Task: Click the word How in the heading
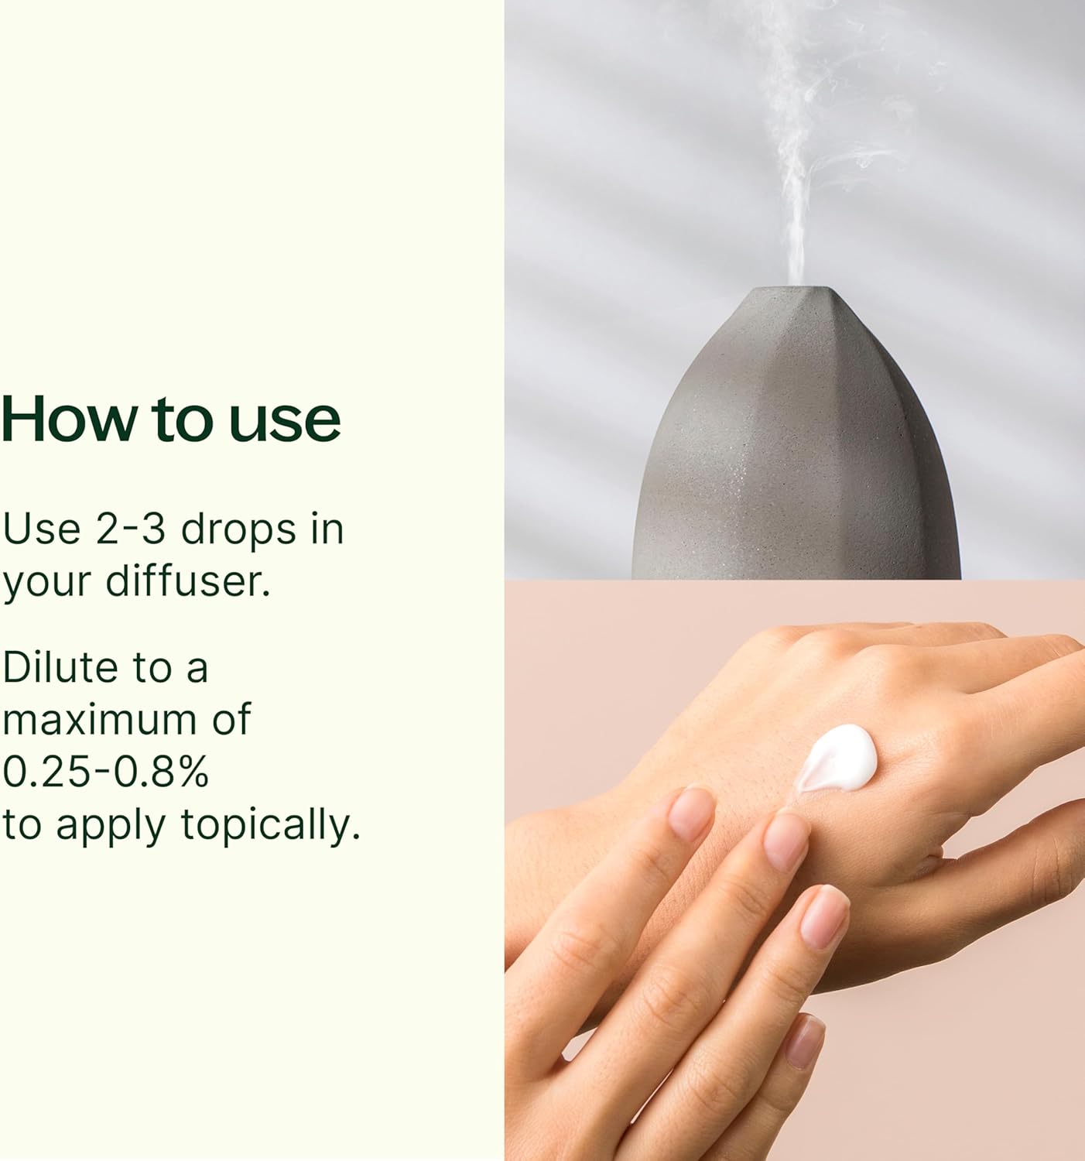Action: pos(69,419)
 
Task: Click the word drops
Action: pos(238,531)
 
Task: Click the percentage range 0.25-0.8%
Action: pos(106,772)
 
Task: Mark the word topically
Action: pos(271,827)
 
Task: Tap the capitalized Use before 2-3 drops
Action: pos(42,529)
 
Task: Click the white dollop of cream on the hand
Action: pos(837,759)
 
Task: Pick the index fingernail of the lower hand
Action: pos(692,813)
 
